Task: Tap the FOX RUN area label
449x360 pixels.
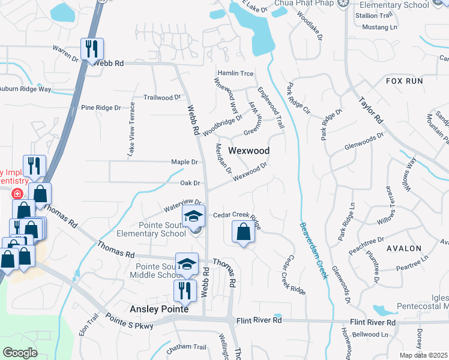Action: click(x=404, y=80)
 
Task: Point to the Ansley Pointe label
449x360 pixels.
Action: click(x=160, y=310)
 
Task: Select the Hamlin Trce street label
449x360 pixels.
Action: click(x=235, y=72)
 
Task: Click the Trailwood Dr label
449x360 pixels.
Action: click(x=162, y=97)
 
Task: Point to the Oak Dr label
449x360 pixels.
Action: click(x=190, y=183)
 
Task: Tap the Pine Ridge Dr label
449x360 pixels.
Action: click(x=101, y=107)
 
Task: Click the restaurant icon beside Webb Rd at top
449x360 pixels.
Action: click(x=92, y=49)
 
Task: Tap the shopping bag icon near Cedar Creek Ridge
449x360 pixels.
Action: click(x=243, y=232)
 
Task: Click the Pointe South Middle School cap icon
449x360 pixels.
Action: click(x=187, y=263)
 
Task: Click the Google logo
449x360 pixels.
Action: click(x=20, y=352)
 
